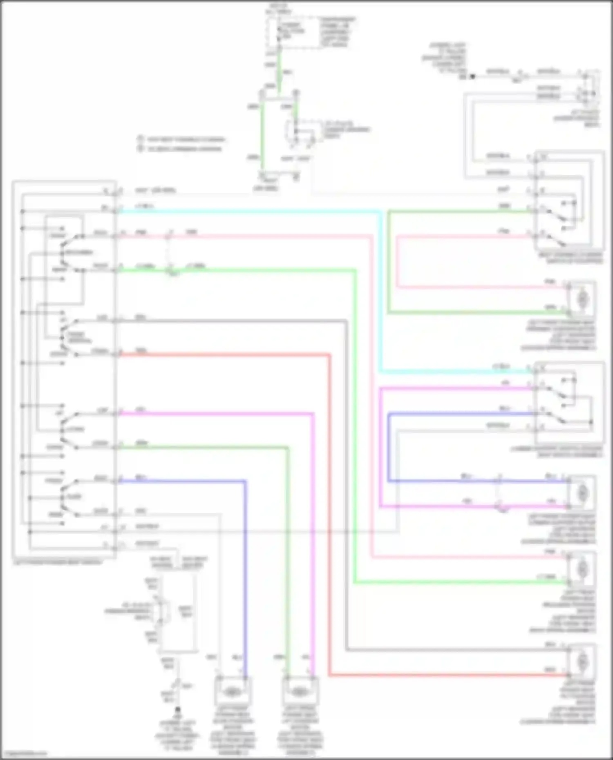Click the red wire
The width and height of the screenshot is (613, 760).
225,354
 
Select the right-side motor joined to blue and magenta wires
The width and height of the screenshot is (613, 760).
582,493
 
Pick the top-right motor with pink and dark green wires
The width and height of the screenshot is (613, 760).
582,299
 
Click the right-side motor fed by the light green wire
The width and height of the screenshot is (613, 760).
582,568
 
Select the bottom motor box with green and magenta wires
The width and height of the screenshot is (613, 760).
300,692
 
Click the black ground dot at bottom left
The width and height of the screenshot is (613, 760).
178,711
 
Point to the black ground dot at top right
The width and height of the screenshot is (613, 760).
472,76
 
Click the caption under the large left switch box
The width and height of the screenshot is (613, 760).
57,562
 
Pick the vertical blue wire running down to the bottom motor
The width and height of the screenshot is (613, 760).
245,572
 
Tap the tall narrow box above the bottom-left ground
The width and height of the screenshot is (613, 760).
178,613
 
